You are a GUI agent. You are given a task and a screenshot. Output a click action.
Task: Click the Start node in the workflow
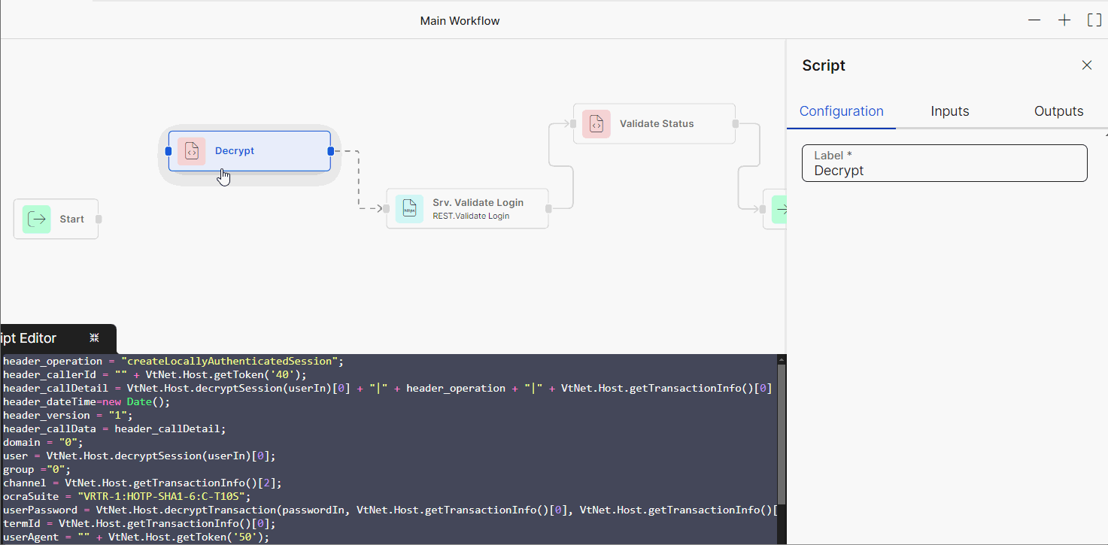point(56,219)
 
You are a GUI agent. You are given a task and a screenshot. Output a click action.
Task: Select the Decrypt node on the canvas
point(249,151)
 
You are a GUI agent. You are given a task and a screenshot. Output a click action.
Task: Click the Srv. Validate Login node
point(467,208)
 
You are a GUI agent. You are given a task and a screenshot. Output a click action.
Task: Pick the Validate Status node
point(654,123)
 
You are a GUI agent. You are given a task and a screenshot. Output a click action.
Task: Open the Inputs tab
point(949,111)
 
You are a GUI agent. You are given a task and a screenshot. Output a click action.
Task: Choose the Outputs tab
point(1058,111)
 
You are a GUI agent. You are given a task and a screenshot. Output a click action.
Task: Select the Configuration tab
point(841,111)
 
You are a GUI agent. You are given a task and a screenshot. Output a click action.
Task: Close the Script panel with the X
point(1086,65)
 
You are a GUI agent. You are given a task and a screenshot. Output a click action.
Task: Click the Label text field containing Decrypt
point(944,164)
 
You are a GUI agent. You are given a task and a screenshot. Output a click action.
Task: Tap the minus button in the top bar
point(1034,20)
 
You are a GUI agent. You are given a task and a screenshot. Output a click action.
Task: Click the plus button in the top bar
point(1064,20)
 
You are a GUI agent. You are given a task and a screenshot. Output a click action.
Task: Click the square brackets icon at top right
point(1094,20)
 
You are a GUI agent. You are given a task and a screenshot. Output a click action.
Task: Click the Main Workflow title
point(460,21)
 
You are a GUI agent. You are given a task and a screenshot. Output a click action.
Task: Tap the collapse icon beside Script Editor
point(94,338)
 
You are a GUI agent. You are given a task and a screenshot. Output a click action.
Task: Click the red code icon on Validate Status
point(596,124)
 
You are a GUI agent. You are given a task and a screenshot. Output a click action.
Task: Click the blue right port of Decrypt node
point(331,151)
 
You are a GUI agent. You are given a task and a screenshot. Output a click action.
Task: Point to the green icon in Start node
point(36,220)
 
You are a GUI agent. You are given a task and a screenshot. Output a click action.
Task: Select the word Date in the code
point(139,401)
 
